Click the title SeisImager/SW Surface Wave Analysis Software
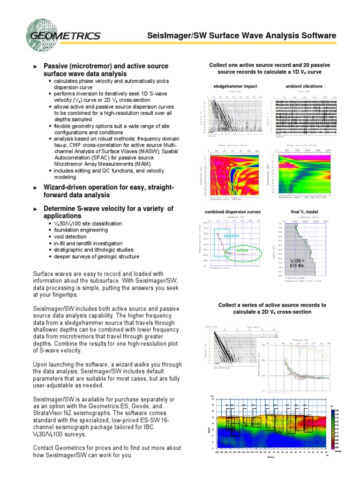point(242,36)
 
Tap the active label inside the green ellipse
point(242,250)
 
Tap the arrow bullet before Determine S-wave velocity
point(36,209)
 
